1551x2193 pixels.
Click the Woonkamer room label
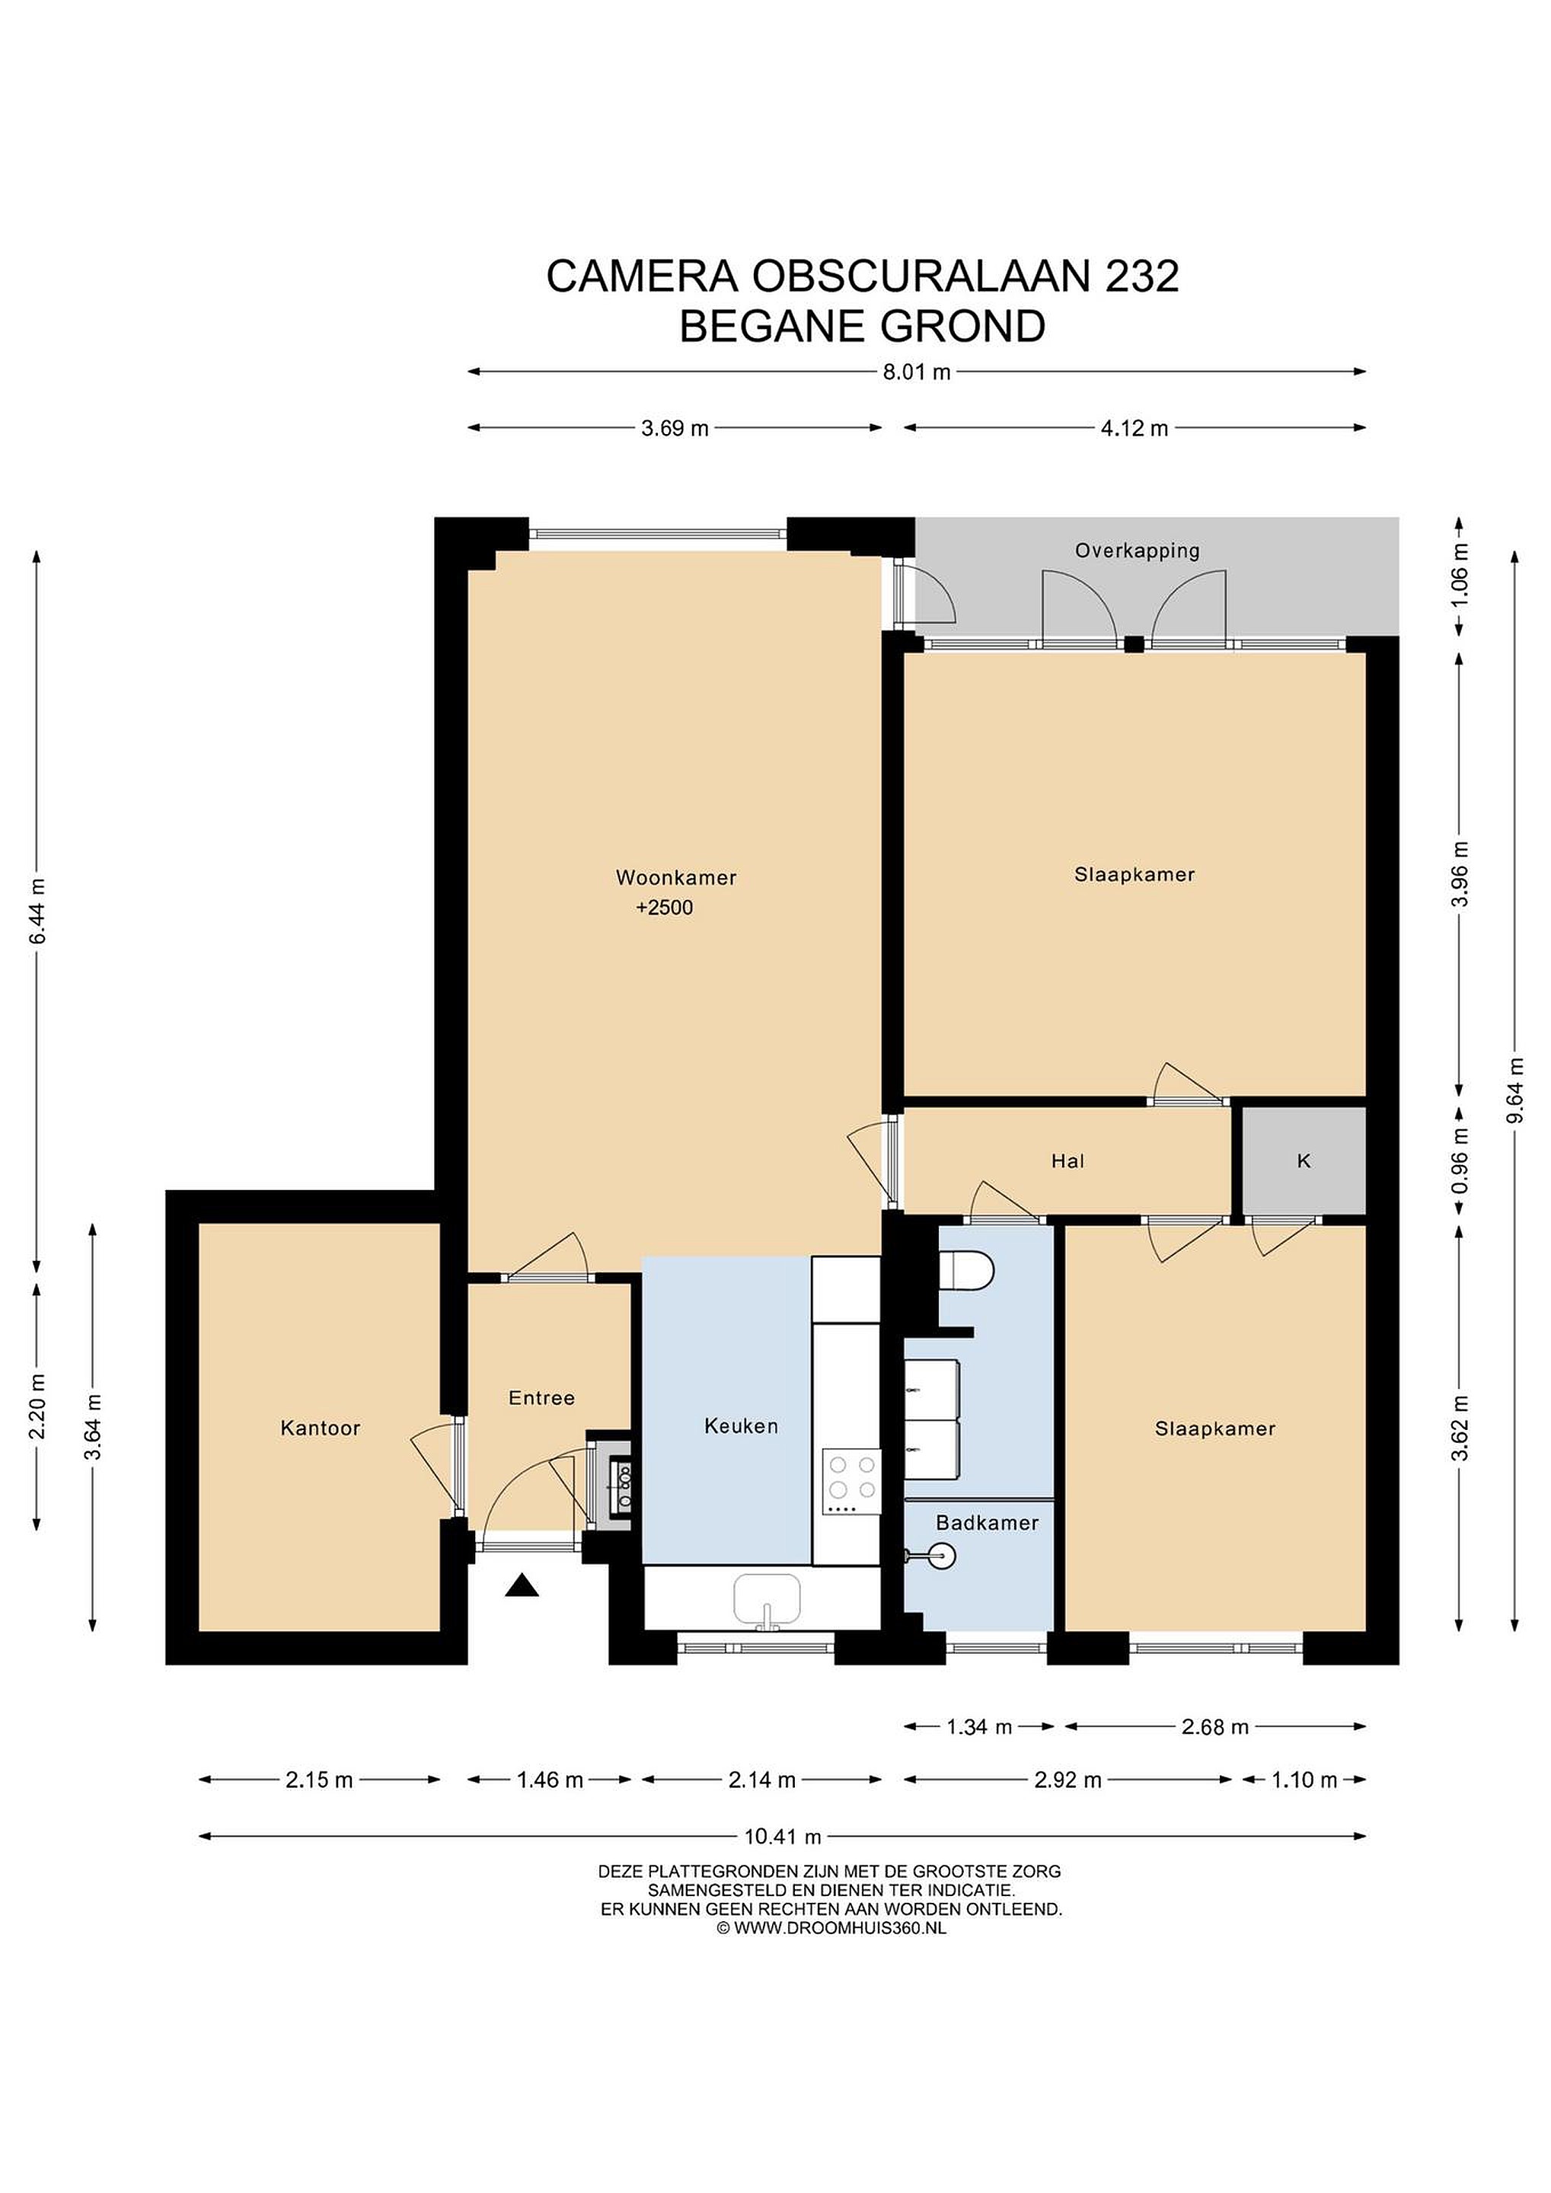[x=675, y=876]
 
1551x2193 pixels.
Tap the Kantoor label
[x=320, y=1428]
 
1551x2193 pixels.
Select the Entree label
[x=541, y=1398]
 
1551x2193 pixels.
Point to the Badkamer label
[x=987, y=1522]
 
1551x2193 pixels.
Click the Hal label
[x=1068, y=1161]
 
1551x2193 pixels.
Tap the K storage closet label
[x=1304, y=1161]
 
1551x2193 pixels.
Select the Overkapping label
[x=1137, y=551]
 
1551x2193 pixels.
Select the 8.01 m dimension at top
[x=917, y=372]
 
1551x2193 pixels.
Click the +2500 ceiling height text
[x=665, y=908]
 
